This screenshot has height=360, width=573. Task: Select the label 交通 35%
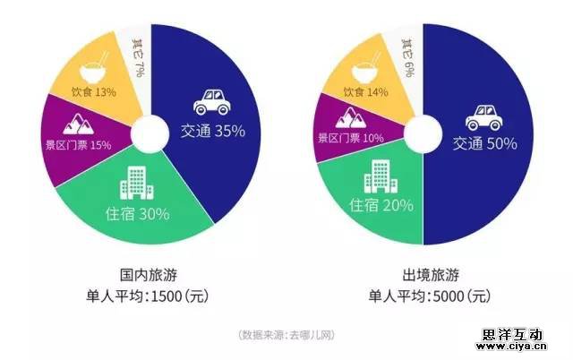[212, 131]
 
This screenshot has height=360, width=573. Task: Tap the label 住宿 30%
[137, 214]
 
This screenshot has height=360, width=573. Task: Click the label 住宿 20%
[381, 205]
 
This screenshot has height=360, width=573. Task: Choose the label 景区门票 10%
[350, 138]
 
